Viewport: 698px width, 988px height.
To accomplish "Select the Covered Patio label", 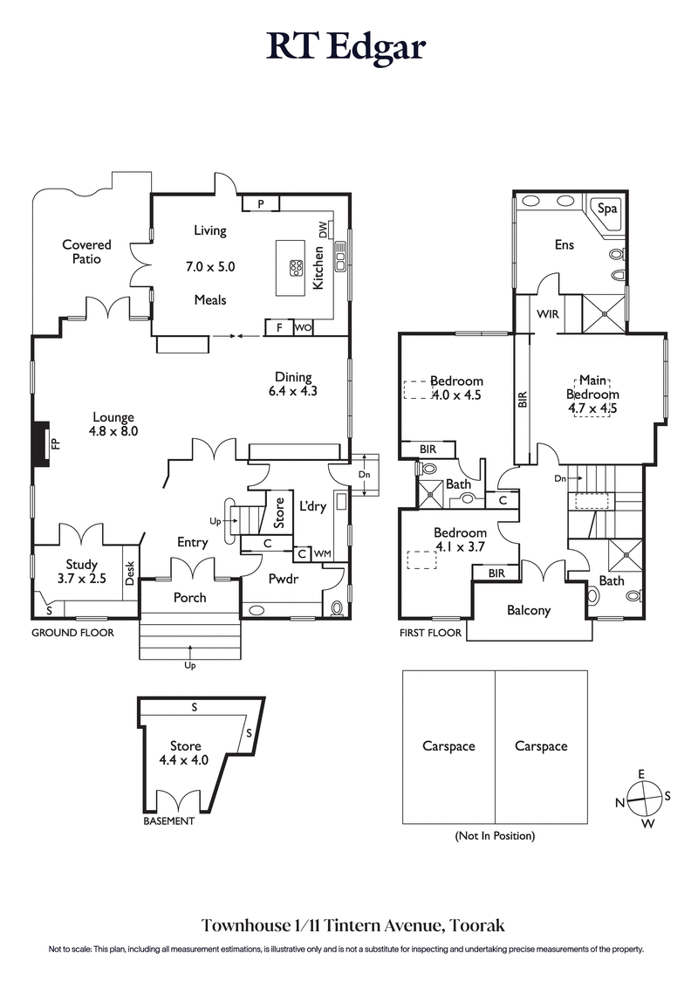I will pos(86,251).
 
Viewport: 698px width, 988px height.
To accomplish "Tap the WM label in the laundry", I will pos(321,553).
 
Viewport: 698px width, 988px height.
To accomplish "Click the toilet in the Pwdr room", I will pos(338,607).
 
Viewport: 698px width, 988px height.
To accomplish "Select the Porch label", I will pos(190,598).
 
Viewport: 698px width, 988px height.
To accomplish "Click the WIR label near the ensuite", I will pos(548,312).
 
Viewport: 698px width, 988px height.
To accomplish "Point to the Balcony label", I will pos(529,610).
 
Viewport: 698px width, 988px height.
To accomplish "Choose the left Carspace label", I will pos(448,746).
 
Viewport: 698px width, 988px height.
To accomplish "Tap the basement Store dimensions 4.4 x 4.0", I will pos(185,760).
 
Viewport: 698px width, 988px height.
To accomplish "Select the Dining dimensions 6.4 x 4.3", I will pos(292,392).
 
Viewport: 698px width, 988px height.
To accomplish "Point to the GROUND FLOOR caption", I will pos(73,633).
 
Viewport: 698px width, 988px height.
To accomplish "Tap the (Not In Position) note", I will pos(495,836).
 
